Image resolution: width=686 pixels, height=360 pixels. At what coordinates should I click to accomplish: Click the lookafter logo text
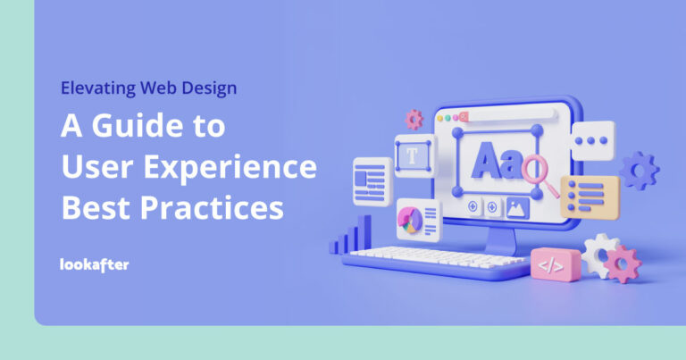click(94, 264)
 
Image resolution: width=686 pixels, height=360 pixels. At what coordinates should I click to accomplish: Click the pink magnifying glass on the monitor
click(539, 171)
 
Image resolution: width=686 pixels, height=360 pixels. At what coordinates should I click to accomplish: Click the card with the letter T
click(413, 155)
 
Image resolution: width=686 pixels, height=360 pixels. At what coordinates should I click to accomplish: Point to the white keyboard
click(436, 258)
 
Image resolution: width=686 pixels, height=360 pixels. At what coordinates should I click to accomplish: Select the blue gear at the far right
click(640, 170)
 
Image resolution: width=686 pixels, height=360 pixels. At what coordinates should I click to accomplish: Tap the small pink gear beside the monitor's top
click(414, 118)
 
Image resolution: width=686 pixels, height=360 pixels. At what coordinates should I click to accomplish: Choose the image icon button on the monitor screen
click(517, 207)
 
